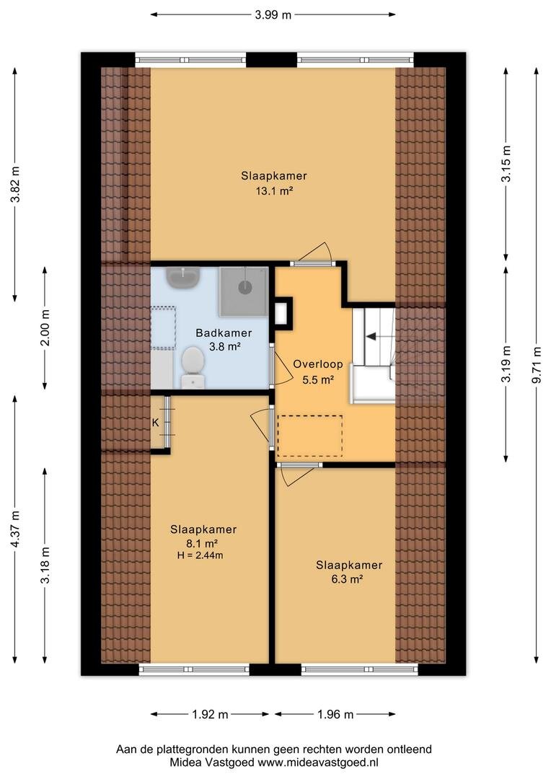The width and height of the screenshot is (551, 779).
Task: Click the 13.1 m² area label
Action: pos(274,190)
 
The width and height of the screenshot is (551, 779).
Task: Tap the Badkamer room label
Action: pos(224,333)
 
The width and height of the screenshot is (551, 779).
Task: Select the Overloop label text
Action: pos(318,364)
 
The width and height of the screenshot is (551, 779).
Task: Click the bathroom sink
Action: pos(183,278)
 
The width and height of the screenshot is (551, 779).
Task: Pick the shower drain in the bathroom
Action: pos(244,287)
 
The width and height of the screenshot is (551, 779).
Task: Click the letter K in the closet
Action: pos(156,423)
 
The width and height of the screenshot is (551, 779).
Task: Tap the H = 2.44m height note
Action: pos(200,555)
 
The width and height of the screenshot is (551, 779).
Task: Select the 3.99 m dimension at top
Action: pos(273,15)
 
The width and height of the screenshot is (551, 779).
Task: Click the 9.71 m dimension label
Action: pos(536,365)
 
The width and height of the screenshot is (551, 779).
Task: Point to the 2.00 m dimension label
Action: pos(45,328)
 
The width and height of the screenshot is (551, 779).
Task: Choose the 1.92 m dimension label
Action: pos(210,714)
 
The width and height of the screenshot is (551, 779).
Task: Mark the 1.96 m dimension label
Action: pos(335,714)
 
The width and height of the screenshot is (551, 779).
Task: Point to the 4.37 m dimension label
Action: pos(15,529)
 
